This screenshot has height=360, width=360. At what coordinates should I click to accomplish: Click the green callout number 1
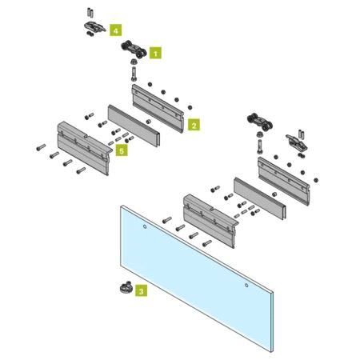pyautogui.click(x=155, y=53)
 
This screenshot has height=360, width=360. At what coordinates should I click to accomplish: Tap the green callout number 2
pyautogui.click(x=194, y=125)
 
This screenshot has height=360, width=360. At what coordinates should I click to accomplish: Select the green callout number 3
pyautogui.click(x=141, y=290)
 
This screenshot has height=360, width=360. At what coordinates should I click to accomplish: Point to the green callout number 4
pyautogui.click(x=115, y=30)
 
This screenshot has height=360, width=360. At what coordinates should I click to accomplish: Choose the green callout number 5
pyautogui.click(x=122, y=150)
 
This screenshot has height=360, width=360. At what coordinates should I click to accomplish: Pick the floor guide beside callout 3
pyautogui.click(x=125, y=287)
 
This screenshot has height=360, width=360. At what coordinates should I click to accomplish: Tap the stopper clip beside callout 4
pyautogui.click(x=94, y=27)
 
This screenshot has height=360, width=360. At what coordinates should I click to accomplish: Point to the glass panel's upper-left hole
pyautogui.click(x=145, y=226)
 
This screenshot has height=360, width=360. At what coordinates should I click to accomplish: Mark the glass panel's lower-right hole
pyautogui.click(x=246, y=286)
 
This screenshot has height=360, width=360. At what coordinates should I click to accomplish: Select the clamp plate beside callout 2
pyautogui.click(x=158, y=108)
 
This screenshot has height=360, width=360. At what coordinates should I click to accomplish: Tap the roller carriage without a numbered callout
pyautogui.click(x=259, y=122)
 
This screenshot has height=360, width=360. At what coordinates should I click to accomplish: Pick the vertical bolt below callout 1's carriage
pyautogui.click(x=134, y=74)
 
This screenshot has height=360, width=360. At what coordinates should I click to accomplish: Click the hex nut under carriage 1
pyautogui.click(x=133, y=62)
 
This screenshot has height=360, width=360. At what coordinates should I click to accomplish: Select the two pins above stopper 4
pyautogui.click(x=90, y=12)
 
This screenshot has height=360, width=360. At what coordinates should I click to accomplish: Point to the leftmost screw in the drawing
pyautogui.click(x=41, y=147)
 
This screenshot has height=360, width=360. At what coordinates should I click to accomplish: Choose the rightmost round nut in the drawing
pyautogui.click(x=316, y=180)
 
